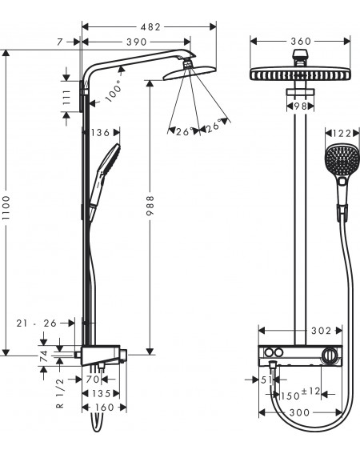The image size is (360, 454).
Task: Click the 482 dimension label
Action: coord(150,27)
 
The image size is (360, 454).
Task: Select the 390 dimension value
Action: coord(136,42)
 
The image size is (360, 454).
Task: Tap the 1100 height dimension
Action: coord(6,207)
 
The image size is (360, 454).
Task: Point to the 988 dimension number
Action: coord(150,205)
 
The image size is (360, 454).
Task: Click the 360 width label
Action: coord(301,42)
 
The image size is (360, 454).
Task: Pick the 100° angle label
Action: coord(114,91)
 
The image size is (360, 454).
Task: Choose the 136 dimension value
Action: coord(101,133)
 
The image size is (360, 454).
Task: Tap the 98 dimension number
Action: coord(300,106)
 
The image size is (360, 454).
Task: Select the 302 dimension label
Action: coord(321,331)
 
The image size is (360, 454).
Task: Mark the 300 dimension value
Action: coord(299,412)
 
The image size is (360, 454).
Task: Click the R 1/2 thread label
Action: coord(60,393)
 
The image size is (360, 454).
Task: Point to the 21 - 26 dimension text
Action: coord(37,323)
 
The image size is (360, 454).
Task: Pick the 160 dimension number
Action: coord(105,408)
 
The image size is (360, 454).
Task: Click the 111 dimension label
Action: coord(66,97)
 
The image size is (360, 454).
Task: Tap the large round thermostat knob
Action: coord(330,355)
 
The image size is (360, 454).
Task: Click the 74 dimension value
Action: coord(44,356)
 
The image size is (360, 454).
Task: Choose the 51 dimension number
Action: coord(266,380)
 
